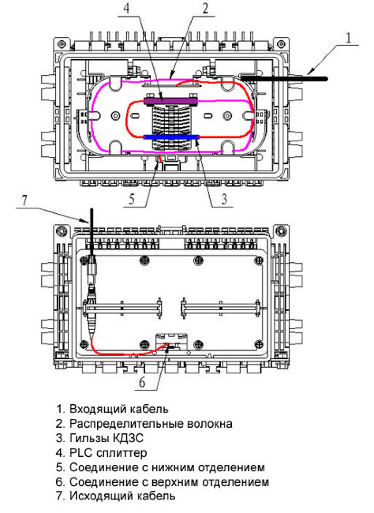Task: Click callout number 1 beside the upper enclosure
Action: pyautogui.click(x=348, y=36)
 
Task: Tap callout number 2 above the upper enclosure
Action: pyautogui.click(x=205, y=9)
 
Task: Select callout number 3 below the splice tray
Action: pyautogui.click(x=224, y=200)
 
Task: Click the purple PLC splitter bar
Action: pyautogui.click(x=171, y=100)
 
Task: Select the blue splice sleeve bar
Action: pyautogui.click(x=171, y=137)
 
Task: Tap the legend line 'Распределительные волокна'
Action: pyautogui.click(x=150, y=423)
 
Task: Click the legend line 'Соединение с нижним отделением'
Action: pyautogui.click(x=166, y=467)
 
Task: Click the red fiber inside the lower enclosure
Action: pyautogui.click(x=126, y=351)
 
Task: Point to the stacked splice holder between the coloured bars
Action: pyautogui.click(x=171, y=118)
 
